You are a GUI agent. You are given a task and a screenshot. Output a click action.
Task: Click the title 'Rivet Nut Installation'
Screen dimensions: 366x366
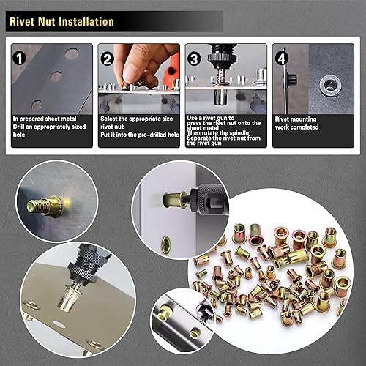[x=61, y=23]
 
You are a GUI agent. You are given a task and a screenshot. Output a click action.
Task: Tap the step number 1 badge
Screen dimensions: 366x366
[x=20, y=57]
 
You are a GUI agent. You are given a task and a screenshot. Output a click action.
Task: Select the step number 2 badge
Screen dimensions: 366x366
[x=106, y=58]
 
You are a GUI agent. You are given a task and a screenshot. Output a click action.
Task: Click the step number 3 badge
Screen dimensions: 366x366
[x=193, y=58]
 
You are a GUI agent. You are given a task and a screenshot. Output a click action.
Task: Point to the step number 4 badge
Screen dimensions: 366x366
[x=281, y=58]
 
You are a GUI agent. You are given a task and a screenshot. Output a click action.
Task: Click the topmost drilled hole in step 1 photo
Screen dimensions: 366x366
[x=71, y=53]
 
